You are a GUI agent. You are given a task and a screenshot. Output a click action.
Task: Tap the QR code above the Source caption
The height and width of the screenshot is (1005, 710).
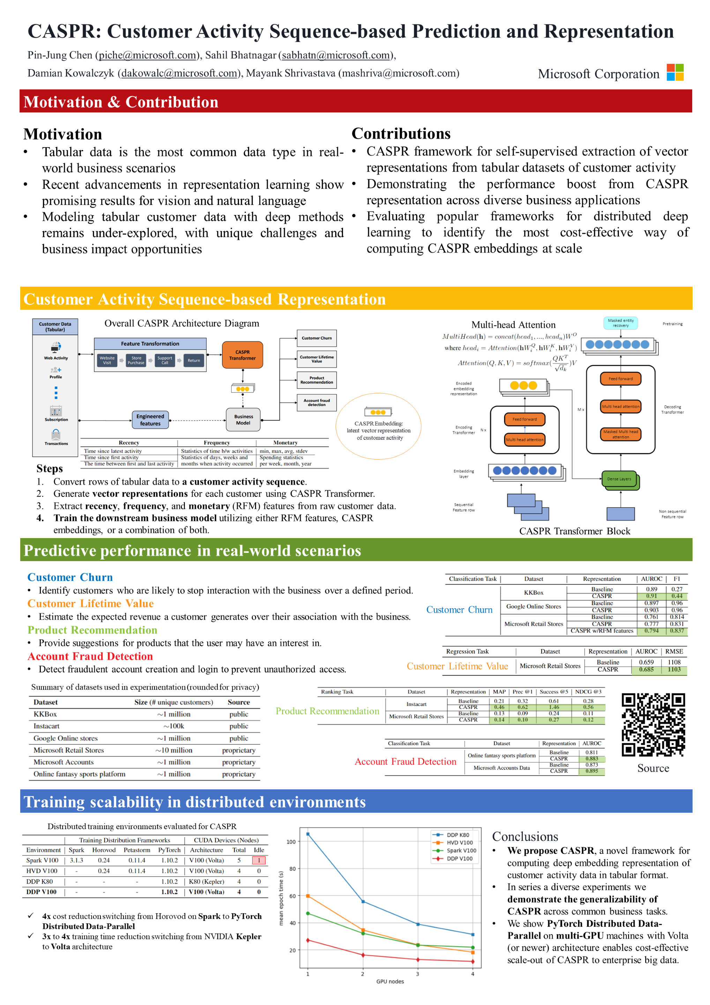[653, 724]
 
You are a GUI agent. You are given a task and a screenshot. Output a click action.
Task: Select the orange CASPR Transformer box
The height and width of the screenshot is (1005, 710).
[242, 355]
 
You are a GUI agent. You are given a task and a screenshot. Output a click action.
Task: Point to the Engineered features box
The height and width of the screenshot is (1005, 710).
[150, 419]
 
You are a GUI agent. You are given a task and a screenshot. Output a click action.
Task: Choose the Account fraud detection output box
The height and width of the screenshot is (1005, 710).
[316, 402]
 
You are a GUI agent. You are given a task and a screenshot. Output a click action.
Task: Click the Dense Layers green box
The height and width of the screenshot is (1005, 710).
[619, 479]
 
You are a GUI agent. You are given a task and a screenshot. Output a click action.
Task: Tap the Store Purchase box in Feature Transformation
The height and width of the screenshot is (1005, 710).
[136, 360]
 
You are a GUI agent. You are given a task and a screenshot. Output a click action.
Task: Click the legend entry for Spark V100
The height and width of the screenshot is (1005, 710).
[461, 850]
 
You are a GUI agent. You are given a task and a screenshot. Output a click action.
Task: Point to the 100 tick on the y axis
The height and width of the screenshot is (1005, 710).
[291, 842]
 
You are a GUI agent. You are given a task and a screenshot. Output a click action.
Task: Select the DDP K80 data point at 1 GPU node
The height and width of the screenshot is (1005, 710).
[308, 834]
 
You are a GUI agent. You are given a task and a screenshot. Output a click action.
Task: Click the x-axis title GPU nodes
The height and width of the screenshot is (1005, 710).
[390, 981]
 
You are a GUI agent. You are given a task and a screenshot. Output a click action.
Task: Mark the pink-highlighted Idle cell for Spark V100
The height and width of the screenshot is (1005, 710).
[258, 860]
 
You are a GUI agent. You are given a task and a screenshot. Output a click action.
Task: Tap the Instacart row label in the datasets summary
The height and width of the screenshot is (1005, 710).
[46, 726]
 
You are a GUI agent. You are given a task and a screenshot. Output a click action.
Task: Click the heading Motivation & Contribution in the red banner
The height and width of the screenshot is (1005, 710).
[121, 102]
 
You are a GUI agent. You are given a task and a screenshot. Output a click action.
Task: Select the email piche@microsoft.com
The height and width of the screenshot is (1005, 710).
[147, 55]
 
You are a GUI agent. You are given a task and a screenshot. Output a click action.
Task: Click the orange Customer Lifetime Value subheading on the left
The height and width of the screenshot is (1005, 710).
[91, 604]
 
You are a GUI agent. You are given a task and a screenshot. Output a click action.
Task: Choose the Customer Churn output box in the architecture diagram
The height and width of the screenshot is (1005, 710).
[316, 338]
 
